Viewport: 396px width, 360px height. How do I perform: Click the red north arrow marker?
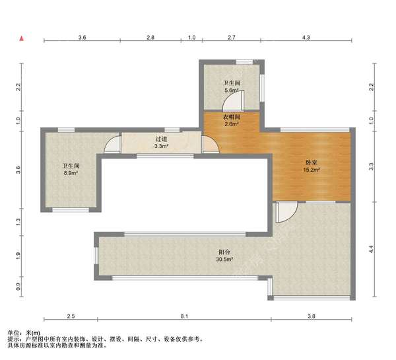tap(22, 38)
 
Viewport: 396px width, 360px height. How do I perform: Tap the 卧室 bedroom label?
tap(311, 162)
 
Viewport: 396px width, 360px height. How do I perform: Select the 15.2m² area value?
tap(312, 170)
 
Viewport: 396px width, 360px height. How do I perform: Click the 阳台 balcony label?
tap(224, 252)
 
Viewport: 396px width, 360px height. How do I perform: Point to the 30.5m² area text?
tap(224, 259)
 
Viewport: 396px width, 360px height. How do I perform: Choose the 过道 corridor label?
tap(162, 139)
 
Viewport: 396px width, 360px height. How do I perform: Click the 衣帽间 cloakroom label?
tap(232, 118)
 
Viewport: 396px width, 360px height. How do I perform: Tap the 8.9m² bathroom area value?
tap(71, 173)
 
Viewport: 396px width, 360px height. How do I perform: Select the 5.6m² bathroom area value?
tap(232, 90)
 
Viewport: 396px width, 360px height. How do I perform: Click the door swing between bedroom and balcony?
tap(287, 212)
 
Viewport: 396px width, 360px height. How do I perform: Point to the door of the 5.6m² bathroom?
tap(233, 100)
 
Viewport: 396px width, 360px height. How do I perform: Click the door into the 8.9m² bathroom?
tap(113, 145)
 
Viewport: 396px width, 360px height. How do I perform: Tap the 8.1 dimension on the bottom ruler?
tap(184, 316)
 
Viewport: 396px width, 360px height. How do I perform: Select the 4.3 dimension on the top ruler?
tap(306, 38)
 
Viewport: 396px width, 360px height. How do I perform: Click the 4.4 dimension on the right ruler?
tap(371, 249)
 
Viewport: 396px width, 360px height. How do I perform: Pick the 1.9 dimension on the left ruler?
tap(18, 256)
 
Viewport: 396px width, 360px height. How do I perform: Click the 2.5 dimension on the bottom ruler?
tap(71, 316)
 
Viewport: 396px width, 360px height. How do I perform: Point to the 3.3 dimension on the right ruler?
tap(371, 166)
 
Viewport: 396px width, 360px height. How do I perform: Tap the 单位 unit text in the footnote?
tap(14, 333)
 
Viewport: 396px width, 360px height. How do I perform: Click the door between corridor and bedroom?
tap(210, 145)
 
